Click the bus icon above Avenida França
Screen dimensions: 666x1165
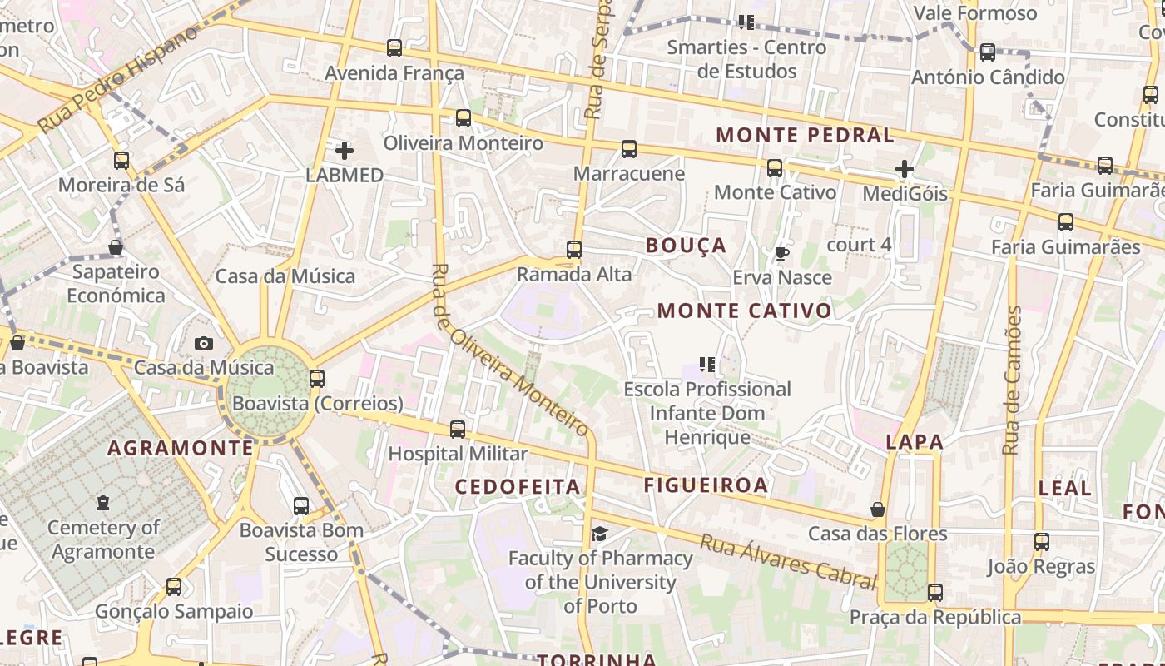coord(394,48)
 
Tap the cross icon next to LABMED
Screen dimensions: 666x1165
coord(344,151)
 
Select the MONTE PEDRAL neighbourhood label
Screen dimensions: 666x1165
coord(805,135)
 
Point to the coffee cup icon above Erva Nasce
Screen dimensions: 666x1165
coord(781,253)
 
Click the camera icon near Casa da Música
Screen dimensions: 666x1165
coord(203,343)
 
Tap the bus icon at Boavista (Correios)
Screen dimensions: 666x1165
coord(317,379)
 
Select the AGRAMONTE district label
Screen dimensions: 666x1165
coord(180,448)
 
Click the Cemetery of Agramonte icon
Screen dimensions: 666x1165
coord(102,503)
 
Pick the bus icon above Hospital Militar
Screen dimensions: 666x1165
coord(458,430)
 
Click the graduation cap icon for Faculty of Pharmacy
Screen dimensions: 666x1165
coord(599,534)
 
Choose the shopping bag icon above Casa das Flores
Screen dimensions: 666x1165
coord(877,509)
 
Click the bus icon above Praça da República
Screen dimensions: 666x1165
coord(935,593)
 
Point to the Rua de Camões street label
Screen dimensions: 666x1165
coord(1012,380)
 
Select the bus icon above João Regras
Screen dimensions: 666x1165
coord(1041,542)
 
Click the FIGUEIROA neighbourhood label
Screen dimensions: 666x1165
coord(706,485)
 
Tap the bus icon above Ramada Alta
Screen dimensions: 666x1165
coord(574,250)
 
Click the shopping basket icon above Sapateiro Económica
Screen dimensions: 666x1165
coord(116,247)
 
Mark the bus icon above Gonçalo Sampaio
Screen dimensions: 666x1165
coord(173,587)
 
